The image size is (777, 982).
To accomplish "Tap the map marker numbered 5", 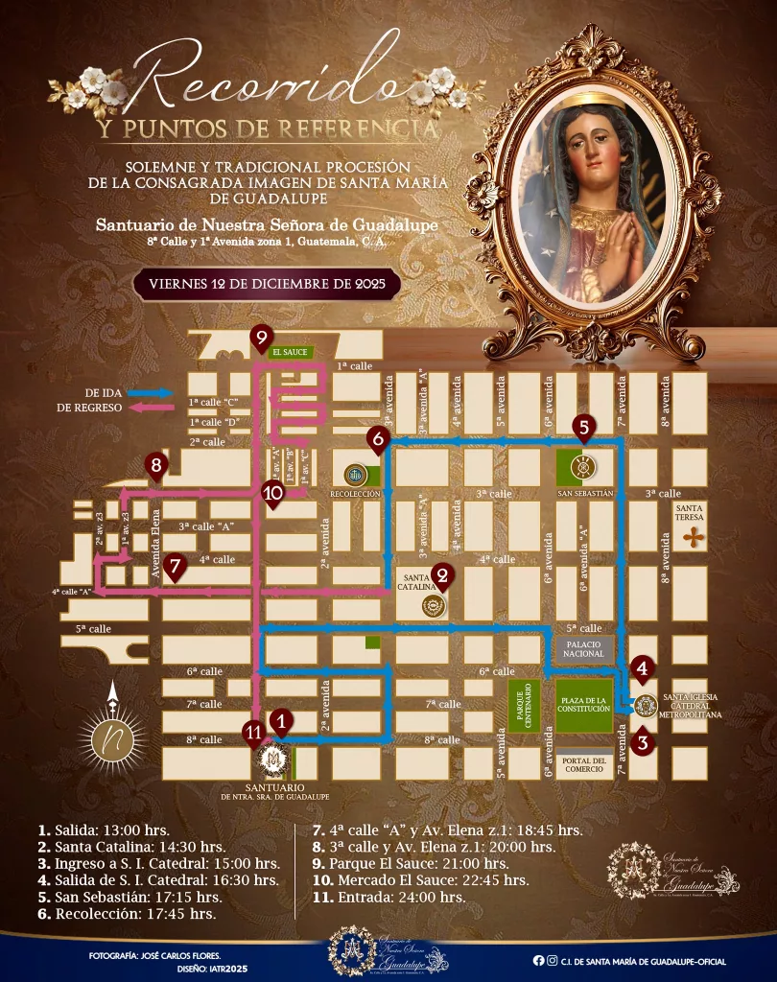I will (583, 426).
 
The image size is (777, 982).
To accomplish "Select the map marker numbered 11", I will (253, 731).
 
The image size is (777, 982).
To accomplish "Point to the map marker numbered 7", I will (174, 565).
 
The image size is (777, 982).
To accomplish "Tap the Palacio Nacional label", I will (583, 648).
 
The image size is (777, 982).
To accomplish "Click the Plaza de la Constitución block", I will (583, 707).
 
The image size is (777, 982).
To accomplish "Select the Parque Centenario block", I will (524, 707).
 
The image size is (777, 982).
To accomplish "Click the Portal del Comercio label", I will (583, 764).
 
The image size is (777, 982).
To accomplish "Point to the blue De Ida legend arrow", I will (153, 393).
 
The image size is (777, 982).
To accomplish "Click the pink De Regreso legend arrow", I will (153, 408).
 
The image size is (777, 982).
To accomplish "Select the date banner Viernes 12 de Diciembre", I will (268, 285).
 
